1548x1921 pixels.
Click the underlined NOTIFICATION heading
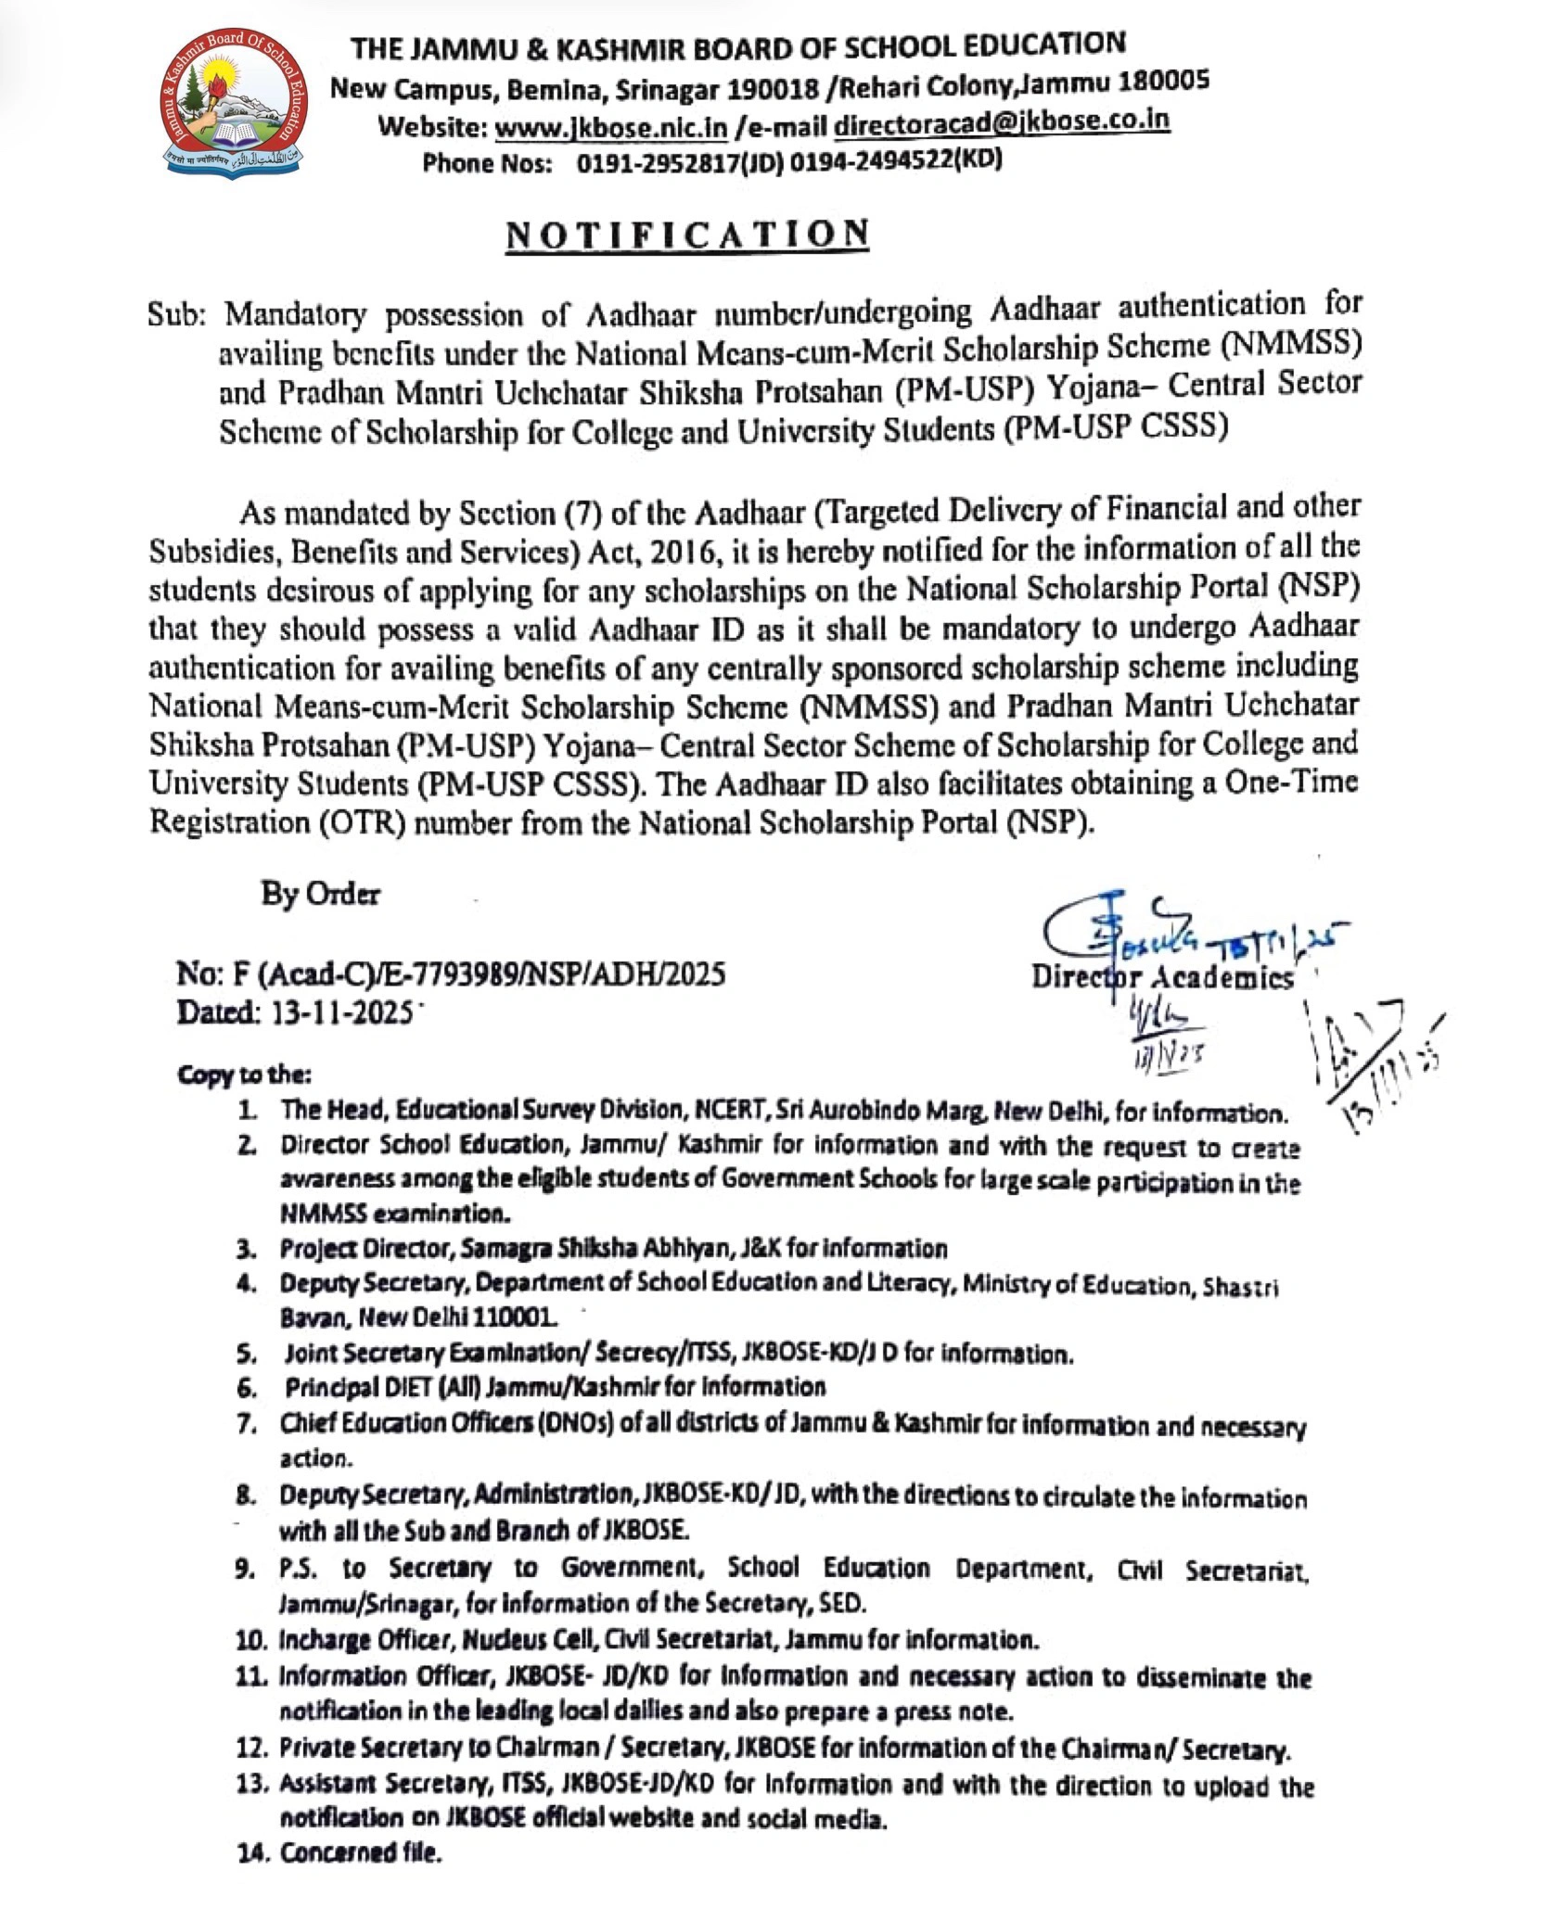(x=687, y=235)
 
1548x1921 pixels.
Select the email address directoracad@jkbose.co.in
(x=1002, y=121)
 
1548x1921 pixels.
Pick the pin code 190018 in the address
(x=777, y=90)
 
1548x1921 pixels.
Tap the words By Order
(x=320, y=895)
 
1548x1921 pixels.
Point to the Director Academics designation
(x=1163, y=977)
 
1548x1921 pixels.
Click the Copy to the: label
(x=244, y=1075)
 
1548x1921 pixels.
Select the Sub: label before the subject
(x=181, y=315)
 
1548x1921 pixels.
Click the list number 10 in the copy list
(x=251, y=1640)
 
